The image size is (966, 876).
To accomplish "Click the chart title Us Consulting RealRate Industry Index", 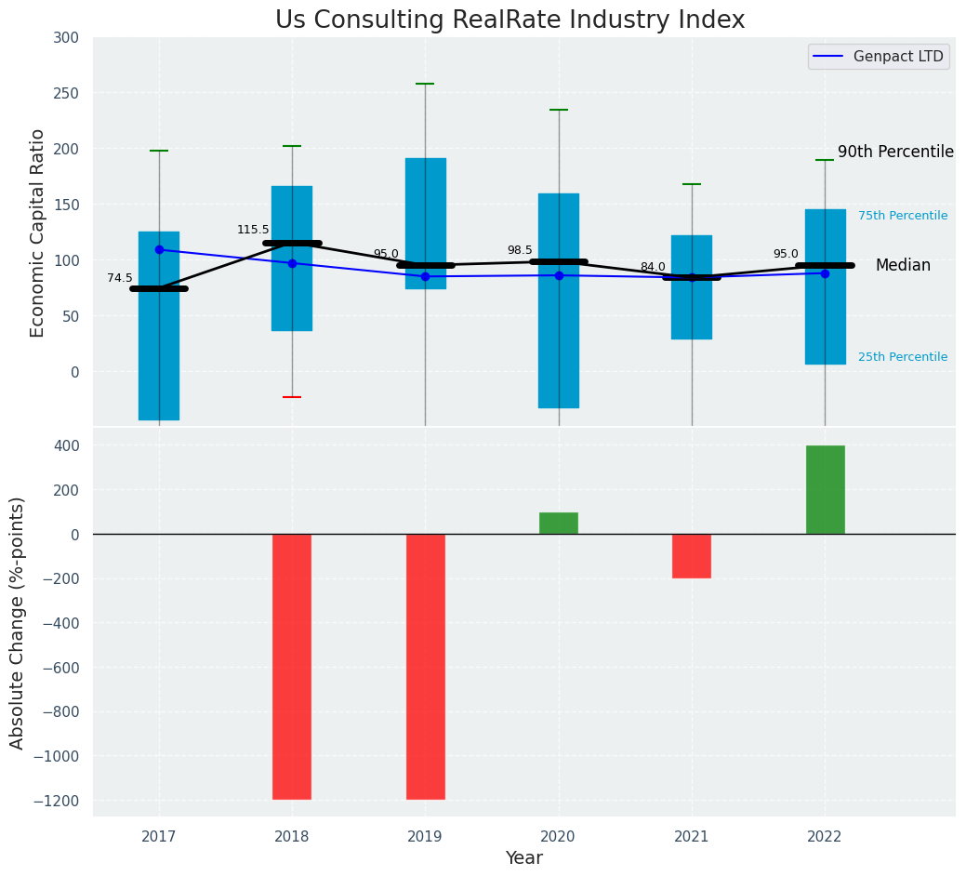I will point(509,20).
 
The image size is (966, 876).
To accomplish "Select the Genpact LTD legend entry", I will point(880,57).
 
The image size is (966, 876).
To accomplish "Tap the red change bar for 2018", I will point(292,666).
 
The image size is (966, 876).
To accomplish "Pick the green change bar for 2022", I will point(825,489).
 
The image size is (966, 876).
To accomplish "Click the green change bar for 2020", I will point(558,523).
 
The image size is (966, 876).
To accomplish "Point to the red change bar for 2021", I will point(692,555).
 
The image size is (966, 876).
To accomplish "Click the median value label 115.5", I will point(253,230).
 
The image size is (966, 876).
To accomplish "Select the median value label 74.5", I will point(120,278).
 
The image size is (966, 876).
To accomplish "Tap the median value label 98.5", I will point(520,250).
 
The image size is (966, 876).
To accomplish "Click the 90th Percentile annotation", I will point(895,152).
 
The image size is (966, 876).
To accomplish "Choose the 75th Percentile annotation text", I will point(903,216).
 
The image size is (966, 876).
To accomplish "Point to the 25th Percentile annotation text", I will point(903,357).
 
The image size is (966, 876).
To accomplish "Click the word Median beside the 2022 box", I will point(903,265).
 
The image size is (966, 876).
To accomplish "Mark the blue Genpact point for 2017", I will point(159,249).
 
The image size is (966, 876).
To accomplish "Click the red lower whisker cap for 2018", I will point(292,397).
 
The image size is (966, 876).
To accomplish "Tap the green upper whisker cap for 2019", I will point(426,84).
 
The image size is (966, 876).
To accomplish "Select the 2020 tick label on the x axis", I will point(558,837).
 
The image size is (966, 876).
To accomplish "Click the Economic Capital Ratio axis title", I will point(38,232).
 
